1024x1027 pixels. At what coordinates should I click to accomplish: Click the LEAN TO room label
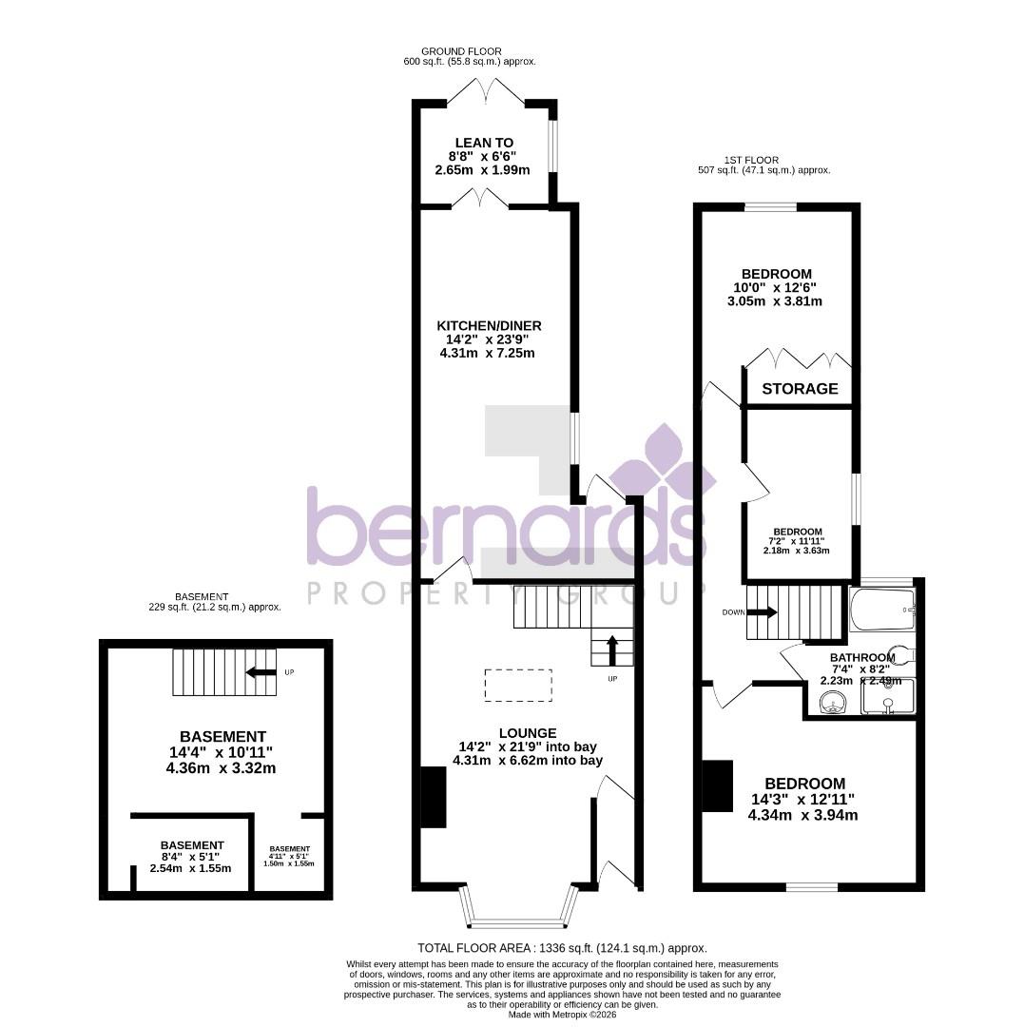[483, 143]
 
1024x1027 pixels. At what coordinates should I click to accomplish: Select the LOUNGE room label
[528, 733]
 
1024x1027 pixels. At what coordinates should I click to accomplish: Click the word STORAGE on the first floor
[801, 389]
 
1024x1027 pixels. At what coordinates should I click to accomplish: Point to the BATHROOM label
[861, 657]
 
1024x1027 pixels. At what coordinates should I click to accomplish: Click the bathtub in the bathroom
[881, 610]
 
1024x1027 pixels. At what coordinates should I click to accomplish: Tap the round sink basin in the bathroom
[834, 704]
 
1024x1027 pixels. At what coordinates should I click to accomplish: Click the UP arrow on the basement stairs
[256, 672]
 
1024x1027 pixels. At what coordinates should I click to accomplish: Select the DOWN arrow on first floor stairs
[763, 612]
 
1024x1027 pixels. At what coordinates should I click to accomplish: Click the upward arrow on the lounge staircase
[611, 650]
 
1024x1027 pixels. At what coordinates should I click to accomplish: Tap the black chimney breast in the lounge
[434, 797]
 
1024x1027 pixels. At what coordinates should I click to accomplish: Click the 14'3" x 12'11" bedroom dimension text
[802, 800]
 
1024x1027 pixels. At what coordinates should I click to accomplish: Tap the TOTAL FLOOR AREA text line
[562, 948]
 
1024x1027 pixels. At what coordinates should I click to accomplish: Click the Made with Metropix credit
[562, 1015]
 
